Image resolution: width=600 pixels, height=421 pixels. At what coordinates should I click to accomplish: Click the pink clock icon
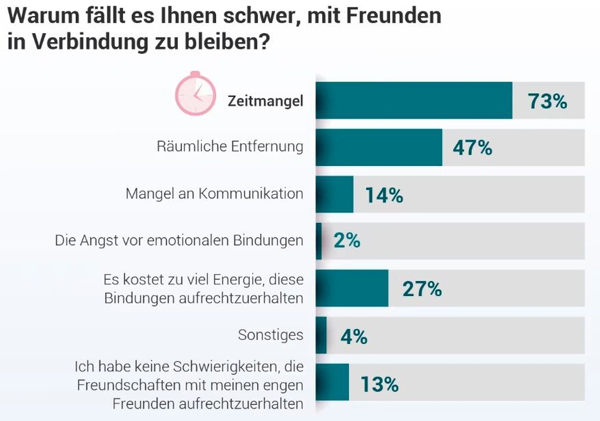pyautogui.click(x=195, y=94)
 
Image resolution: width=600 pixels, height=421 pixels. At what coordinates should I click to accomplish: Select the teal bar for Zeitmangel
pyautogui.click(x=414, y=100)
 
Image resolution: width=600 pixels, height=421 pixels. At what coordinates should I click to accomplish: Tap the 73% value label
pyautogui.click(x=547, y=101)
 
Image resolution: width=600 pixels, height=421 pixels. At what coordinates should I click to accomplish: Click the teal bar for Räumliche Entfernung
pyautogui.click(x=379, y=147)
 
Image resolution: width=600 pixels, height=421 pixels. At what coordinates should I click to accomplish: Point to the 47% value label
pyautogui.click(x=472, y=147)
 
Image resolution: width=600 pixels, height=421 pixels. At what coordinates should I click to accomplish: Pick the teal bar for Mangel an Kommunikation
pyautogui.click(x=334, y=194)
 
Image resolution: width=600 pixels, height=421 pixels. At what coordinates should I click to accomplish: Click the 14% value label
pyautogui.click(x=384, y=195)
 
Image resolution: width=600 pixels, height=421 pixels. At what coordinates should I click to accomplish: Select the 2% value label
pyautogui.click(x=347, y=240)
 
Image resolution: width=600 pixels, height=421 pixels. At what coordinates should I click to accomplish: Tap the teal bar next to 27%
pyautogui.click(x=352, y=288)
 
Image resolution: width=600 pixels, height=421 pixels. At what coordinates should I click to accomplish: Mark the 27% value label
pyautogui.click(x=422, y=288)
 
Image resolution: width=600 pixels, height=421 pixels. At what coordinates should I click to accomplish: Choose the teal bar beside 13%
pyautogui.click(x=332, y=382)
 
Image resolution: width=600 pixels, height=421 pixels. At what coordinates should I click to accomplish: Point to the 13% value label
pyautogui.click(x=379, y=384)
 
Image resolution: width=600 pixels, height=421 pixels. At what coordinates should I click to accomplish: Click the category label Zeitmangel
pyautogui.click(x=265, y=101)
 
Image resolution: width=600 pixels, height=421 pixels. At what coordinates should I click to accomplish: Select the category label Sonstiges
pyautogui.click(x=270, y=335)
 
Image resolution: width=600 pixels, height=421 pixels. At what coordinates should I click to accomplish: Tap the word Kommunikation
pyautogui.click(x=251, y=193)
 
